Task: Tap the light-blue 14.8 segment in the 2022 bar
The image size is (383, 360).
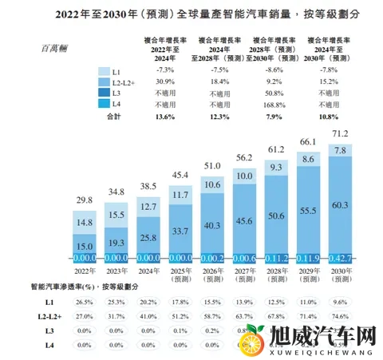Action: pos(87,223)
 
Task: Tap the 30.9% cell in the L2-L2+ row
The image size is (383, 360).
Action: pos(163,82)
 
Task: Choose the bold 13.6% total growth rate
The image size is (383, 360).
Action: pos(163,116)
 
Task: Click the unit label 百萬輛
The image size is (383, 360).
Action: pos(56,48)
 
